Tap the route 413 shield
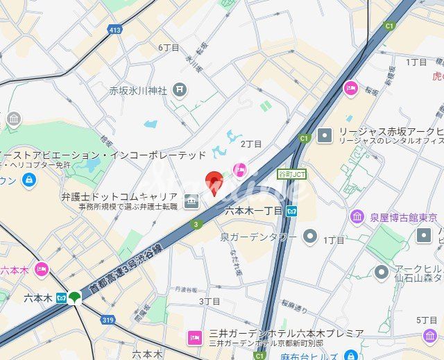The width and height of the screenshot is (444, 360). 114,30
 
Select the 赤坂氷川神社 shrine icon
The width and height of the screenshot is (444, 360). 180,89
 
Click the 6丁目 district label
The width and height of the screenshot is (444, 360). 169,48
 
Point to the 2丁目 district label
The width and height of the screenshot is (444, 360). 250,144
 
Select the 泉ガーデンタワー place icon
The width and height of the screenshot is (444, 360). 310,237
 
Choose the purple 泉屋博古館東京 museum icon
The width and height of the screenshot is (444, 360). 357,217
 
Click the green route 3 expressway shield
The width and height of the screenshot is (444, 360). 196,224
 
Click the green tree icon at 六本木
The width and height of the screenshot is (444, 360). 74,298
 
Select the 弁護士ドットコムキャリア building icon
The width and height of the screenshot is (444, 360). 191,202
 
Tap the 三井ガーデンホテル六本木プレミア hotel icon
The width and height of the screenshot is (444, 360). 194,338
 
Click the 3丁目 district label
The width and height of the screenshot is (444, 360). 210,301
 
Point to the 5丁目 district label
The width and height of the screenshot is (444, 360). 427,320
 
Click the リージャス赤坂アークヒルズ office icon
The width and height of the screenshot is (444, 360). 324,135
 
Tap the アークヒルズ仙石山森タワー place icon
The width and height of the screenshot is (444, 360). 381,272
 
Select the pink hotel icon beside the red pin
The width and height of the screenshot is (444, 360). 240,169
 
